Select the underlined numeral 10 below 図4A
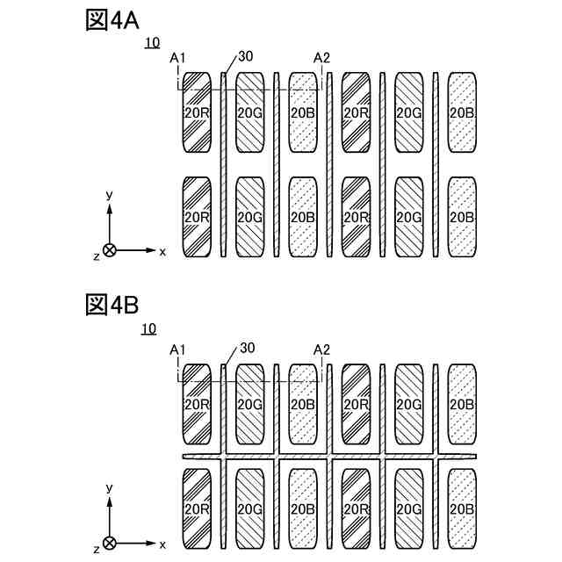(x=152, y=42)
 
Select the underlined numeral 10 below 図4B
(x=148, y=328)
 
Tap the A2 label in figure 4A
(x=321, y=59)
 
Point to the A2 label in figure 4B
(x=321, y=350)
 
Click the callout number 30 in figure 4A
(x=245, y=56)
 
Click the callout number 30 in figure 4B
(x=247, y=348)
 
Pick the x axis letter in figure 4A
(x=162, y=251)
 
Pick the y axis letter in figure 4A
(x=108, y=194)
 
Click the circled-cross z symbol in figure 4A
(x=109, y=250)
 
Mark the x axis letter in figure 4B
(x=162, y=544)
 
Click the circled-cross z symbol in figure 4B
(x=109, y=543)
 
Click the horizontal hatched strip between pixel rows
(x=330, y=458)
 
